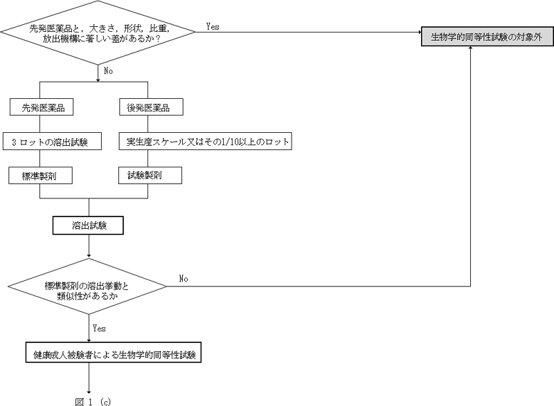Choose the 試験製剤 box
(150, 176)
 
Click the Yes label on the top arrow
(213, 26)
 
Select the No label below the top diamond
(108, 71)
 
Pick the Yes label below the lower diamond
(99, 329)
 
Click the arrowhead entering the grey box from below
(472, 50)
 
